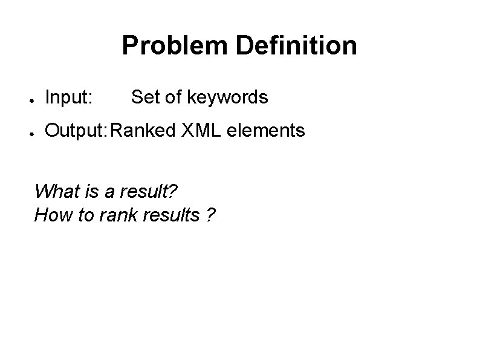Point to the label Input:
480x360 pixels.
[69, 97]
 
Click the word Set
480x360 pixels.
[144, 97]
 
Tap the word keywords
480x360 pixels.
[228, 97]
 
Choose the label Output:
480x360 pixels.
[77, 130]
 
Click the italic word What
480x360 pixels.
[54, 191]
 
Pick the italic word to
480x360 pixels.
[81, 215]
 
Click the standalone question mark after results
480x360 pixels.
[209, 215]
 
